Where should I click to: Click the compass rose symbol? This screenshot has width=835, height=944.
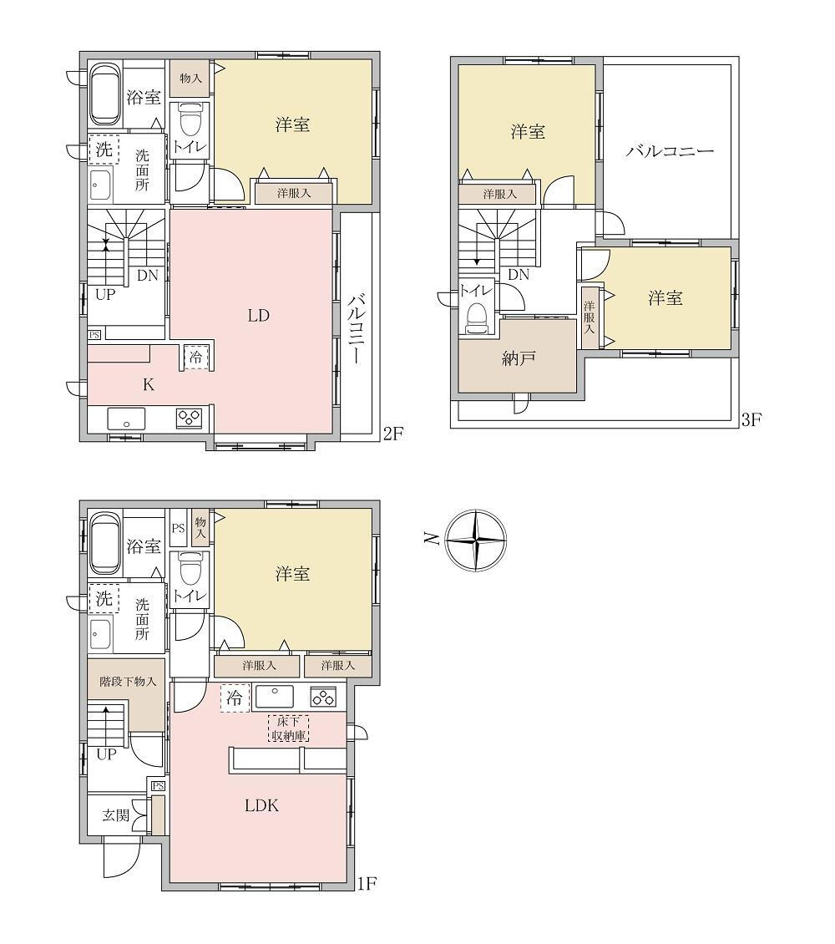[476, 540]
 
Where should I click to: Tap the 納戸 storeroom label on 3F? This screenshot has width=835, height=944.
[518, 359]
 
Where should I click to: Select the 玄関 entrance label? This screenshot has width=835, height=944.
[115, 815]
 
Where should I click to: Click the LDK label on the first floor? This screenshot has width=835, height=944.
[261, 805]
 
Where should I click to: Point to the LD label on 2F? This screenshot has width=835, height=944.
[258, 316]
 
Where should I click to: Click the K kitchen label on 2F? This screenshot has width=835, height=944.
[148, 385]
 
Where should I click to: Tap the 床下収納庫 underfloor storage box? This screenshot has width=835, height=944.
[288, 728]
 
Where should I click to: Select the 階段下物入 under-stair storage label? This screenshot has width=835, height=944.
[128, 682]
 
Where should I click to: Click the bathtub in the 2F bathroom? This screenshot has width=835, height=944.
[107, 94]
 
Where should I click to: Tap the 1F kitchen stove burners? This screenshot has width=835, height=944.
[324, 698]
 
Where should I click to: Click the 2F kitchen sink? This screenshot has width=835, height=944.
[126, 419]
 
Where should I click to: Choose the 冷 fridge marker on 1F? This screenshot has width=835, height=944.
[234, 698]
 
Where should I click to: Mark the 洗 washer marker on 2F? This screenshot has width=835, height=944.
[104, 150]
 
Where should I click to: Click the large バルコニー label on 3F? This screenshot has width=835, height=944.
[670, 150]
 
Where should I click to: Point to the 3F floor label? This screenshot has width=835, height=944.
[751, 419]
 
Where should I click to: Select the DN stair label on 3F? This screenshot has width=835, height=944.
[518, 275]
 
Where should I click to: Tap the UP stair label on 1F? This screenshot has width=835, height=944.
[106, 754]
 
